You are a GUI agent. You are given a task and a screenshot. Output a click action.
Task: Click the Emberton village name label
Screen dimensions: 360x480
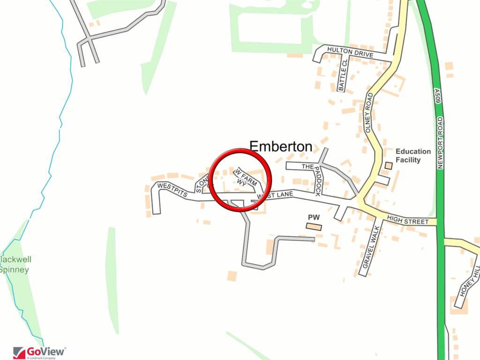point(281,146)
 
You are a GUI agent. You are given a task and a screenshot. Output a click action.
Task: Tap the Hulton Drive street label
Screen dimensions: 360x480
point(350,52)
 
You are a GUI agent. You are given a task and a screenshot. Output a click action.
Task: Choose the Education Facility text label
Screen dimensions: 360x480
point(413,156)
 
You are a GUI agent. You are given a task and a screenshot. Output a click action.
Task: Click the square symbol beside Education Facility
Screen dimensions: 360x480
point(388,165)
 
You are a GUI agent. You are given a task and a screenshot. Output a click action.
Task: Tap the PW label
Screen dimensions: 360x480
point(314,217)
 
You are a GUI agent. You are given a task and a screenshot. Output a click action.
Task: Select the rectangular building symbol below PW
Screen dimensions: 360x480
point(314,226)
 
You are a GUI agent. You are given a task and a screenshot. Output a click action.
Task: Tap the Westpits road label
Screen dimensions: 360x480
point(172,189)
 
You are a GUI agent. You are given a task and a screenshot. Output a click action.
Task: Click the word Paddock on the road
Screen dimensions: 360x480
point(317,181)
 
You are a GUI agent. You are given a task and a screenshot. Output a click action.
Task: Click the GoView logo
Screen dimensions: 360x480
point(39,352)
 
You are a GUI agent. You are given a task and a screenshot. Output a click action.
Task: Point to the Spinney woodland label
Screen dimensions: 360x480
point(14,270)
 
